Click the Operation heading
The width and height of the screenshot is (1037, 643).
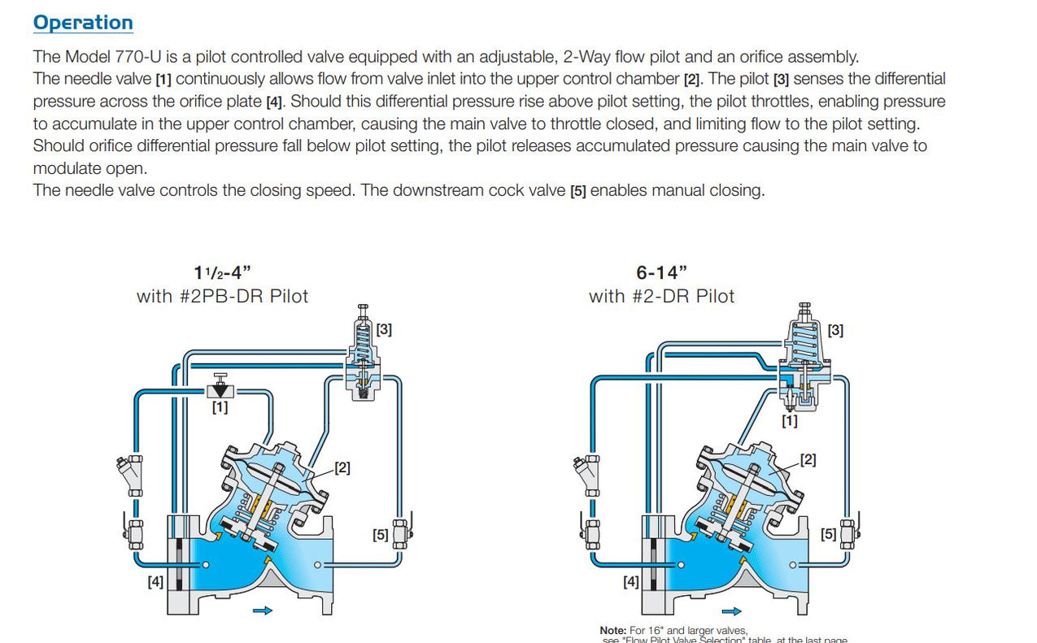click(x=83, y=23)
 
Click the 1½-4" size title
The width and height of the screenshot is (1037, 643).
click(x=222, y=273)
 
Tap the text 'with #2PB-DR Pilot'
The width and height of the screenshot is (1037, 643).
click(x=222, y=296)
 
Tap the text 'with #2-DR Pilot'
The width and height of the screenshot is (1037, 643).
click(x=661, y=296)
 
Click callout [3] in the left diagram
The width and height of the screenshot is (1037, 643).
click(x=384, y=330)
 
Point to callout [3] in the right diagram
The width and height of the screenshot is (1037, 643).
click(x=834, y=330)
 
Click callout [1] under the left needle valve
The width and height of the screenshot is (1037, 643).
click(x=220, y=407)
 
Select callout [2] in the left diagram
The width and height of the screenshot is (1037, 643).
click(x=342, y=468)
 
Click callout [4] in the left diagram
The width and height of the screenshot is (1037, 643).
click(x=155, y=581)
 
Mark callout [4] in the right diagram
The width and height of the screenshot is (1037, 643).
click(x=630, y=581)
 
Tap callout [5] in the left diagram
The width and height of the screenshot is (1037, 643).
click(x=380, y=535)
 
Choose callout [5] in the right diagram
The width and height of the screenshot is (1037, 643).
click(x=828, y=534)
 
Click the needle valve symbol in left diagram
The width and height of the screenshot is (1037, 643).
click(x=220, y=386)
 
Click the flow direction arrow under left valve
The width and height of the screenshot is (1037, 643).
click(x=263, y=611)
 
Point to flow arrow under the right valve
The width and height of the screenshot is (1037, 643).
click(x=732, y=611)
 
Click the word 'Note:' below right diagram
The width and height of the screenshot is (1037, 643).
click(x=613, y=630)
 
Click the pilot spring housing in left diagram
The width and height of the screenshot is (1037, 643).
click(x=363, y=333)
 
